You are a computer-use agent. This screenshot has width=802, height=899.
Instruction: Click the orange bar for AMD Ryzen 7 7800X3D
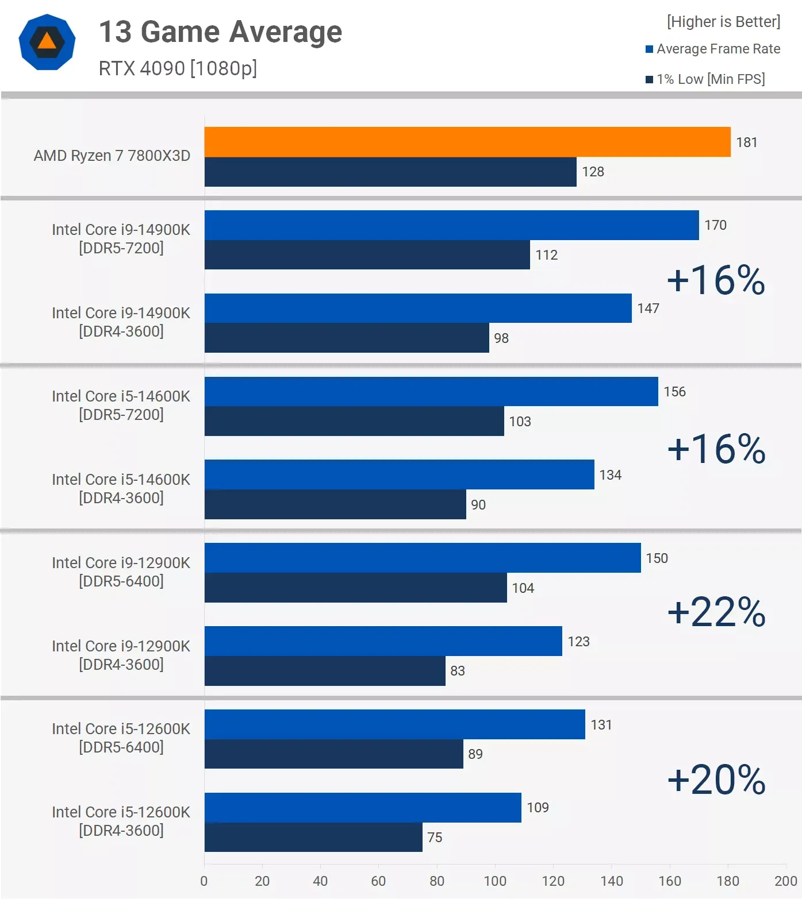[467, 142]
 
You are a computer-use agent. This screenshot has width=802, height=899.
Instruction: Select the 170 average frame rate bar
[451, 225]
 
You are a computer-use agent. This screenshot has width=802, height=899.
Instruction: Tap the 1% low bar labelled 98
[347, 338]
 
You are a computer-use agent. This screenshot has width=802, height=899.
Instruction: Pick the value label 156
[674, 392]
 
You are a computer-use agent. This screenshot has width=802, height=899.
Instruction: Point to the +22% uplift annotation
[716, 612]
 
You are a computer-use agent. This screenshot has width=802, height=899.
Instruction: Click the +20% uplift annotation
[716, 780]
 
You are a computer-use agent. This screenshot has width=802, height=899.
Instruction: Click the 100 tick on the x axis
[495, 881]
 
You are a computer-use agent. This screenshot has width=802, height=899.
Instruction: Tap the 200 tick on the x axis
[785, 881]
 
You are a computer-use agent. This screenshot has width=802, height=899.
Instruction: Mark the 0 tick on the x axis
[204, 881]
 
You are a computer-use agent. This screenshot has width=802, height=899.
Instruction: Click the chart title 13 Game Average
[220, 32]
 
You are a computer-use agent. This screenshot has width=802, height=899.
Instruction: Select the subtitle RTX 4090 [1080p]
[178, 68]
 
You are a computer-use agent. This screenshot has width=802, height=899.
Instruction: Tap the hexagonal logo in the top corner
[47, 42]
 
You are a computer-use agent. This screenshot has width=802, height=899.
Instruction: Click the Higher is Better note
[723, 22]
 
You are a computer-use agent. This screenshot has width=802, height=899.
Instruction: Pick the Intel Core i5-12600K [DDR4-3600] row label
[121, 821]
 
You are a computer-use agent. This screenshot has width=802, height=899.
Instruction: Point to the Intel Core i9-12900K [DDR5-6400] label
[121, 572]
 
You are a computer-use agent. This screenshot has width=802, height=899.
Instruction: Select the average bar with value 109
[363, 808]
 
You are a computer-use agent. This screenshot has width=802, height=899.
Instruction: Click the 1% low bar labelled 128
[390, 172]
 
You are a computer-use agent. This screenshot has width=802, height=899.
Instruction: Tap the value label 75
[435, 838]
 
